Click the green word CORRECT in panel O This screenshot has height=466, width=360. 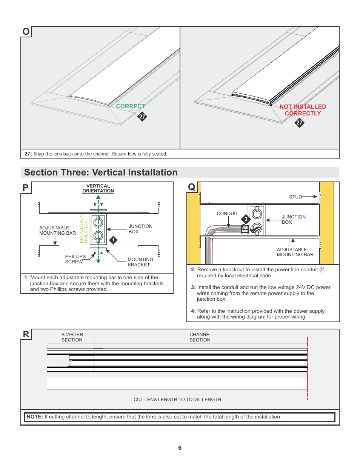point(130,106)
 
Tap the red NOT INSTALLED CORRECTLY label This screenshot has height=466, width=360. point(303,110)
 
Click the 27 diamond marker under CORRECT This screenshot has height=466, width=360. point(142,117)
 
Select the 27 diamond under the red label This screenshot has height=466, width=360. point(299,123)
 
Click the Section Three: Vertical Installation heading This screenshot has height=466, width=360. point(101,172)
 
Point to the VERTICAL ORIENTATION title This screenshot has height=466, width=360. point(98,188)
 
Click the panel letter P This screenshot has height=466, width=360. point(26,188)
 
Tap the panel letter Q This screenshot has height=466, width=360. point(192,187)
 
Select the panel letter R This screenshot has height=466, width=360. point(26,334)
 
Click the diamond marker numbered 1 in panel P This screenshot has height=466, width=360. point(113,240)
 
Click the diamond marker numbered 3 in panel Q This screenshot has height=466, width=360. point(246,219)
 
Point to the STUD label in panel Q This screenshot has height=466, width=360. point(295,197)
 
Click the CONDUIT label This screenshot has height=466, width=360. point(227,214)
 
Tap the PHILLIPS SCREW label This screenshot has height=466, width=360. point(75,259)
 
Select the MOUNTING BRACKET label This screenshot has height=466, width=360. point(140,262)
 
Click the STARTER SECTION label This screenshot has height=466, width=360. point(72,337)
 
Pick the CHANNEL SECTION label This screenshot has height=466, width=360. point(200,337)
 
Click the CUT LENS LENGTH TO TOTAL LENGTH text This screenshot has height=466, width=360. point(177,400)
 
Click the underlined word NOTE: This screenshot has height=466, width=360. point(35,417)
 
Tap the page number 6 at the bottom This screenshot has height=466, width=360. point(180,448)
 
